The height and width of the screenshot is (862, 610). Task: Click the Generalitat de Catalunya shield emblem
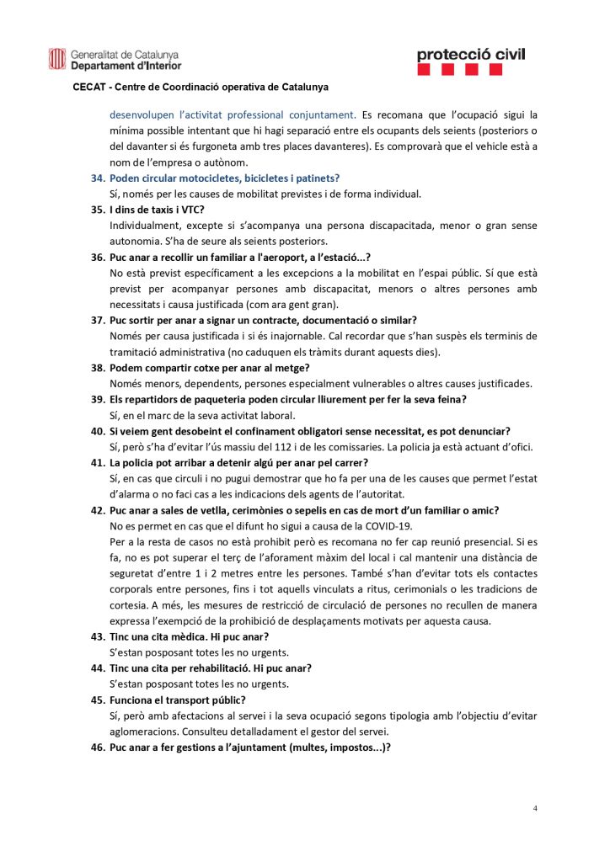point(56,58)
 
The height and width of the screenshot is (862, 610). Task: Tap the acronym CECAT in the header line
point(88,87)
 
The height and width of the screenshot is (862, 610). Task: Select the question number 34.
point(98,178)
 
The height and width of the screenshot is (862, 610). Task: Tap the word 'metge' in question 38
point(275,368)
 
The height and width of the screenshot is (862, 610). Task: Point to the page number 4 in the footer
point(535,808)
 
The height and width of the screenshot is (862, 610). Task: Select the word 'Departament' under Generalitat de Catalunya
point(101,65)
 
